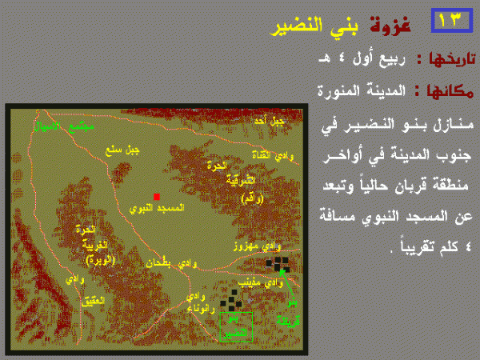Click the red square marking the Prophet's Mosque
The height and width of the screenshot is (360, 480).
(157, 195)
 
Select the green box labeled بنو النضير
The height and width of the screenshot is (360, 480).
(235, 326)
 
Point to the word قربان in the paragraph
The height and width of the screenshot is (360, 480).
(390, 192)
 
